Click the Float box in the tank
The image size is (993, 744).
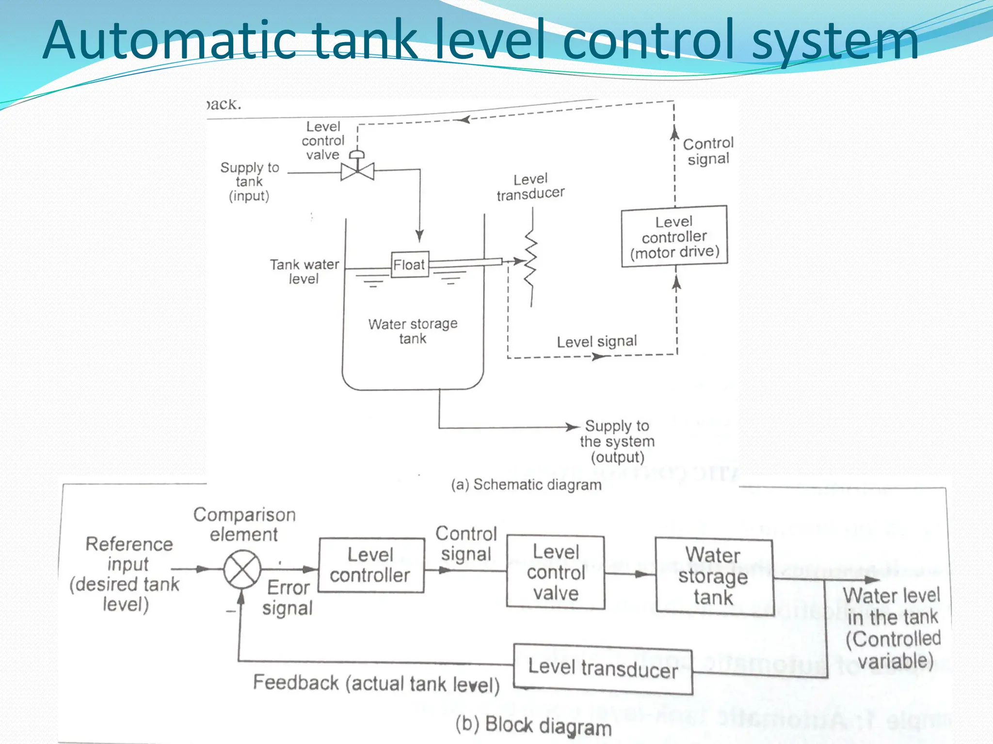tap(410, 264)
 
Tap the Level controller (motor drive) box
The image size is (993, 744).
tap(674, 236)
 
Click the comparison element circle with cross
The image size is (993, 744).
tap(242, 569)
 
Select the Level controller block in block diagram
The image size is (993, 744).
tap(371, 565)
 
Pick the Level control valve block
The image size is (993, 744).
tap(556, 573)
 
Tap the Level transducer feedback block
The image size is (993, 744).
tap(603, 668)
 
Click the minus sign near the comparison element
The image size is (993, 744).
tap(230, 611)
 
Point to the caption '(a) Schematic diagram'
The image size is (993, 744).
tap(526, 485)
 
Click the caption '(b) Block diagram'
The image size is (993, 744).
tap(533, 726)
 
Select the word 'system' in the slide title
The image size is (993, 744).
tap(835, 41)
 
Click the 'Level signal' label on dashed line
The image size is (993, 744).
tap(596, 341)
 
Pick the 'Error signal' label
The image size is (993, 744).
tap(288, 598)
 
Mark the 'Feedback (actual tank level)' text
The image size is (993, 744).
tap(376, 683)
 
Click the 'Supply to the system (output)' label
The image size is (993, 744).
tap(617, 441)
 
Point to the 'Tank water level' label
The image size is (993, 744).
tap(304, 272)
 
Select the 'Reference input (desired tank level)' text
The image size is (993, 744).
tap(127, 574)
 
